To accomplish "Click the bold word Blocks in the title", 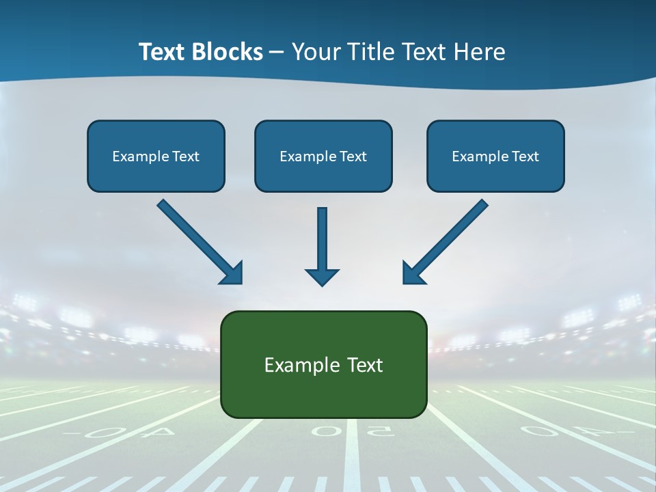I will (227, 52).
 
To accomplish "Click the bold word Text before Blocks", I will (163, 52).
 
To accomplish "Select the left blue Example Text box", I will (156, 156).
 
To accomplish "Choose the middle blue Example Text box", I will (323, 156).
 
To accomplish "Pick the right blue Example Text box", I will (495, 156).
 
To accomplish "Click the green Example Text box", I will (323, 364).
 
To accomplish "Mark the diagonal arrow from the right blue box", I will (446, 241).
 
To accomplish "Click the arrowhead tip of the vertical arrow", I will (322, 284).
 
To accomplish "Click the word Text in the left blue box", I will (185, 156).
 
